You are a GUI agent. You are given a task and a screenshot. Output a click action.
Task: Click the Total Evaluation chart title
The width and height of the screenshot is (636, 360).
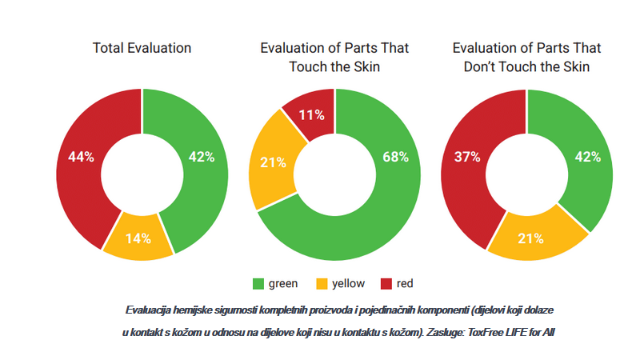(x=142, y=48)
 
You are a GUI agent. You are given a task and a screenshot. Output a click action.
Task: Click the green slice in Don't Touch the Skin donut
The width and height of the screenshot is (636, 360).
(x=587, y=157)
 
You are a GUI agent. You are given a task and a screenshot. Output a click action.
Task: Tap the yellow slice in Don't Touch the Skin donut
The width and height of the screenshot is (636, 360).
(x=530, y=238)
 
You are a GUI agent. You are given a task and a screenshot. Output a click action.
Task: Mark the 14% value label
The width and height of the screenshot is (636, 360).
(x=138, y=238)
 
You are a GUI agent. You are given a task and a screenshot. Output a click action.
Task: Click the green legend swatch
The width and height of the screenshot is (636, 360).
(x=258, y=283)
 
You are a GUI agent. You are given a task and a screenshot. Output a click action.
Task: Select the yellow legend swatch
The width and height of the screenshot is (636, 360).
(x=323, y=283)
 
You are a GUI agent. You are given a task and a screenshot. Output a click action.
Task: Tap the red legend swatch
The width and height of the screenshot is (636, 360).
(x=386, y=283)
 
